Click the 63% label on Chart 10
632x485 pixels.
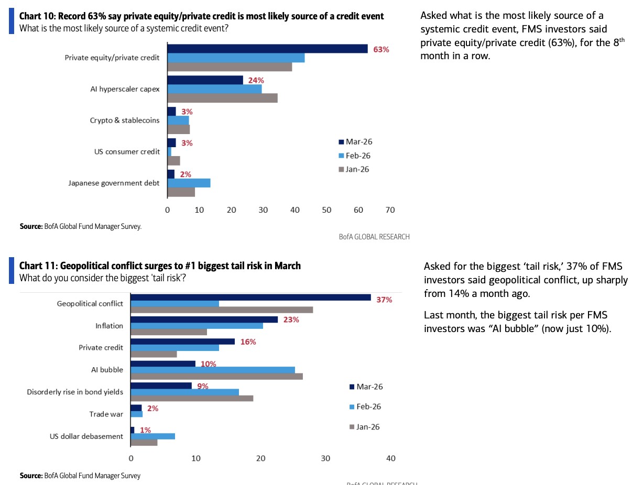[381, 50]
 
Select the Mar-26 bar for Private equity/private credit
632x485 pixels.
[267, 49]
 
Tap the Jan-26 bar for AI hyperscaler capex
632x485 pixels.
[222, 98]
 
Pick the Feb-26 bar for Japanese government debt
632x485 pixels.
[189, 183]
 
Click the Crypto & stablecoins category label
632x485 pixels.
[125, 120]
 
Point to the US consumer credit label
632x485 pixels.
[127, 152]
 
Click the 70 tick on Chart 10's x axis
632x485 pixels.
[390, 210]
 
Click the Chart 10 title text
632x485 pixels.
[201, 16]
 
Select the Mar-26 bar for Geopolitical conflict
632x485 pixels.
[250, 297]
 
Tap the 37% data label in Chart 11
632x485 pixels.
[384, 300]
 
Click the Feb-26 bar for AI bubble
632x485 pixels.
[213, 370]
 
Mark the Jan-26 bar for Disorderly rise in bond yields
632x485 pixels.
[192, 398]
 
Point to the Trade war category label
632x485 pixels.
[106, 414]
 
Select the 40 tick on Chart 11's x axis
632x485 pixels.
[390, 458]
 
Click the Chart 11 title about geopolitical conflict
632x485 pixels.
[160, 266]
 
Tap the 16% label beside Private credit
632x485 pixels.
[248, 342]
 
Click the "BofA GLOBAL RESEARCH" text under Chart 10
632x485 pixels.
[374, 237]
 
